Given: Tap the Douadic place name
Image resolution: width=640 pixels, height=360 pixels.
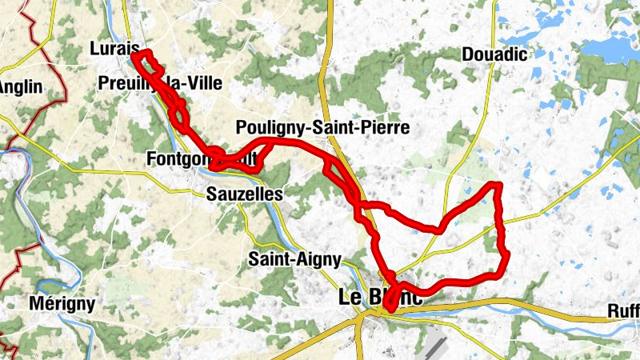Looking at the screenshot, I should click(x=494, y=54).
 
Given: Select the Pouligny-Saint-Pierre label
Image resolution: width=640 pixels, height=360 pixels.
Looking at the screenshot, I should click(x=323, y=127).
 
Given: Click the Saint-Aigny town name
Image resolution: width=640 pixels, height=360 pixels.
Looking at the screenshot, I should click(x=294, y=259).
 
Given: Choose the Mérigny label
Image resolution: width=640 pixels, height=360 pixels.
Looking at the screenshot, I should click(x=62, y=304).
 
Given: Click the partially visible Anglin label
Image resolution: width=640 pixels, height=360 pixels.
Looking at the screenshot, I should click(x=21, y=86).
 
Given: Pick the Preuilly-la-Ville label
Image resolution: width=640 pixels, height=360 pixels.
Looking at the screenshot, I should click(x=160, y=82).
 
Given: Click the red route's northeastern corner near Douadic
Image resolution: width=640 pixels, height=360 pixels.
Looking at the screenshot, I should click(x=498, y=186).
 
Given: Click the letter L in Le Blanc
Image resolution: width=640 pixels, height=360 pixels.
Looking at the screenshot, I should click(x=345, y=297).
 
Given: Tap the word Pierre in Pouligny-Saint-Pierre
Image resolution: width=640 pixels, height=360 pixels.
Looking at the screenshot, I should click(x=385, y=127).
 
